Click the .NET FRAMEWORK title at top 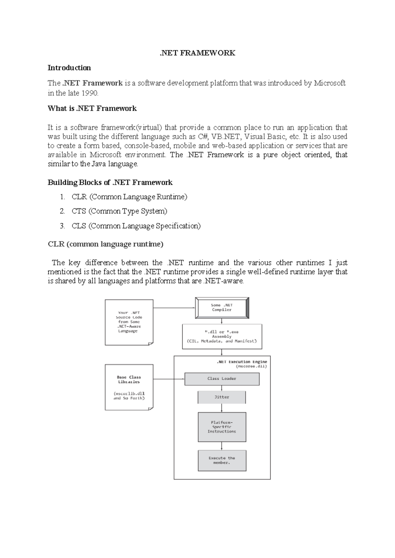(x=197, y=53)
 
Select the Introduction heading (x=69, y=68)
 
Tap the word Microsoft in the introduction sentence (x=329, y=83)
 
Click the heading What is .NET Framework (x=92, y=109)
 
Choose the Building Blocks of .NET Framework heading (x=110, y=182)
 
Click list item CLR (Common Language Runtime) (x=129, y=197)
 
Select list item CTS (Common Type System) (x=119, y=211)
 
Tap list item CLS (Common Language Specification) (x=136, y=226)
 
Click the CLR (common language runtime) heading (x=105, y=244)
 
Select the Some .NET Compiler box (x=222, y=308)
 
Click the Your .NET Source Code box (x=129, y=322)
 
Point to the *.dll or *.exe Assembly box (x=222, y=336)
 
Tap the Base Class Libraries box (x=129, y=387)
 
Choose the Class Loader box (x=222, y=379)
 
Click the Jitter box (x=222, y=397)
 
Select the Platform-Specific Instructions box (x=222, y=427)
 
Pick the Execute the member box (x=222, y=460)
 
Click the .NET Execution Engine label (x=242, y=362)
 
